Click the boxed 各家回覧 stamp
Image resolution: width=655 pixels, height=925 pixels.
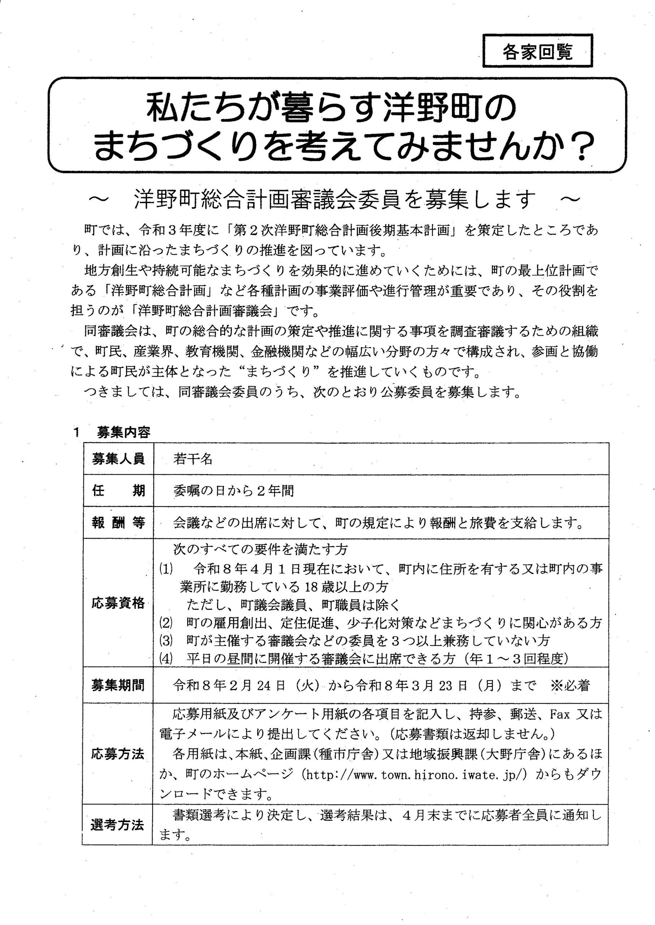[x=537, y=51]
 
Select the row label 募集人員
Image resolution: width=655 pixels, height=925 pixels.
[x=118, y=459]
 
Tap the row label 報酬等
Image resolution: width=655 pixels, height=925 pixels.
[x=118, y=523]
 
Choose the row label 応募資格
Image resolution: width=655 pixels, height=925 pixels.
[x=118, y=603]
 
